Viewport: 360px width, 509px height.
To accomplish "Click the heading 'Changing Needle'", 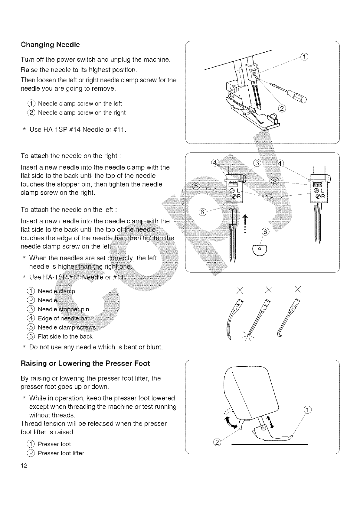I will coord(50,45).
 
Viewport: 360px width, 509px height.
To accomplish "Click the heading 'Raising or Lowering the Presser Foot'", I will coord(85,363).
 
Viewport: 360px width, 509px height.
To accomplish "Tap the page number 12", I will coord(24,465).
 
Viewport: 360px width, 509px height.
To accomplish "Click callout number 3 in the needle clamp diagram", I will coord(257,163).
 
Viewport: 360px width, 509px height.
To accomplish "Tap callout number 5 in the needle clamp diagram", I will coord(196,186).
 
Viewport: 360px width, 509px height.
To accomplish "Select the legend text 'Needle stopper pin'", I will coord(63,309).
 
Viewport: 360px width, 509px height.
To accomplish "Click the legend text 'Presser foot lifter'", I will coord(61,453).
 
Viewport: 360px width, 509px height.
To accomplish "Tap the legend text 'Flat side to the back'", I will coord(65,336).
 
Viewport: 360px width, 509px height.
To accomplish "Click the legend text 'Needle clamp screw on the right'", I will coord(81,113).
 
